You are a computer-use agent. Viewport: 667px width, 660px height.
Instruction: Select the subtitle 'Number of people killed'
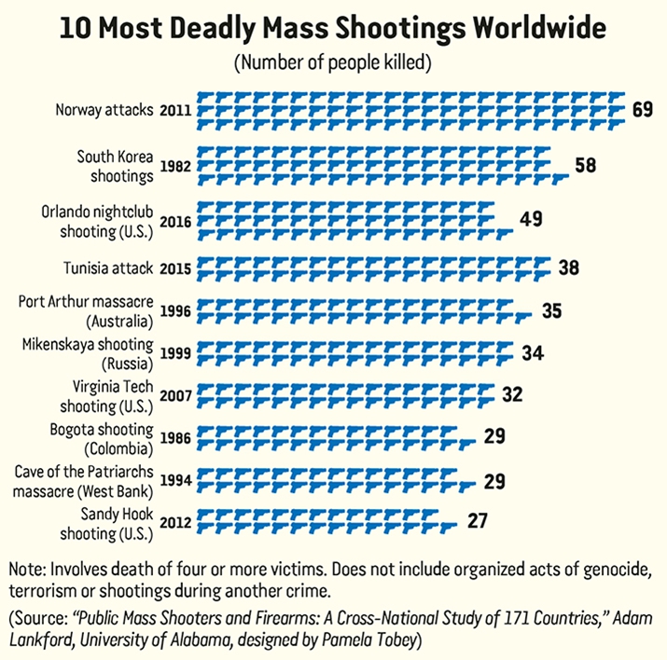coord(333,63)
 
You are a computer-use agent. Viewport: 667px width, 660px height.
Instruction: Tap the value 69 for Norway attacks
coord(642,110)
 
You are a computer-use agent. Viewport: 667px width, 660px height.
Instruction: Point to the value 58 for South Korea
coord(585,166)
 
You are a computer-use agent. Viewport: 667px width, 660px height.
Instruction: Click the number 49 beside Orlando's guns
coord(531,220)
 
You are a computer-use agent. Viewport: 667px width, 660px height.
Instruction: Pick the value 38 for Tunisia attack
coord(569,268)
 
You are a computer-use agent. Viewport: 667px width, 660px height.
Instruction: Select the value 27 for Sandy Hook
coord(478,520)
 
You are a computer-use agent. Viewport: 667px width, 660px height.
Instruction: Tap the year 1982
coord(175,166)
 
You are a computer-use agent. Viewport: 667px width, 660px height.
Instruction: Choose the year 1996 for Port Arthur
coord(175,310)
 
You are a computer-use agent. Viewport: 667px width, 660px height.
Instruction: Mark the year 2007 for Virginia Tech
coord(175,394)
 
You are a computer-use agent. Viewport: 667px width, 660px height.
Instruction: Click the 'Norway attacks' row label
coord(103,110)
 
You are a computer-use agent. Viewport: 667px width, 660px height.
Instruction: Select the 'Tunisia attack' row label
coord(108,268)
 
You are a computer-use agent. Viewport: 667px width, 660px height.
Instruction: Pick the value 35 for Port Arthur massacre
coord(551,309)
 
